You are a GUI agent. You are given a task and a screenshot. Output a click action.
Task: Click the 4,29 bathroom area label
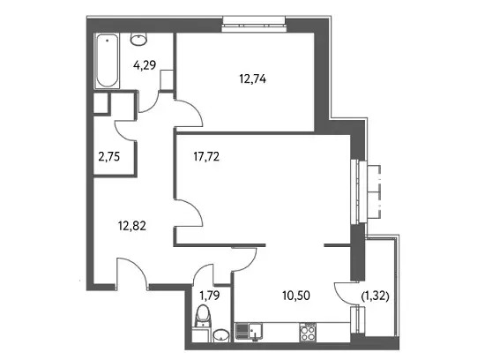coord(145,65)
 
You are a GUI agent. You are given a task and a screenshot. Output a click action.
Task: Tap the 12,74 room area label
coord(252,79)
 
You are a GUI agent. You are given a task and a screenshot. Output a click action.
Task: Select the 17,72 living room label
coord(206,156)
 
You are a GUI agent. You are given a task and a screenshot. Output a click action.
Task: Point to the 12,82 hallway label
coord(132,226)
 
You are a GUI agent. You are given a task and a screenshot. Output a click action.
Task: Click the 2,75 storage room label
coord(108,156)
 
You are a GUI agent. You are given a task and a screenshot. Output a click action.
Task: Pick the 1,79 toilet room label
coord(209,296)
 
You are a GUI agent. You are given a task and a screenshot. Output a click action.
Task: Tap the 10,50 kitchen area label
coord(296,296)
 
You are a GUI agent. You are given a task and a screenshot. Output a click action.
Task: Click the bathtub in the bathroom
coord(108,61)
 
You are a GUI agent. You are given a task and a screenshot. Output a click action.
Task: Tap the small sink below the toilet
coord(221,335)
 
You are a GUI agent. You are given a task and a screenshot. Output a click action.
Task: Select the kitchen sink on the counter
coord(250,332)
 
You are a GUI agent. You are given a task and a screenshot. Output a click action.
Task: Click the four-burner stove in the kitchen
coord(308,333)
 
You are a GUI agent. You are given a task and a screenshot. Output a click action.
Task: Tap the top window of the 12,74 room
coord(254,24)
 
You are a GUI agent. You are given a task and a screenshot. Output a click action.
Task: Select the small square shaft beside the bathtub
coord(101,103)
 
